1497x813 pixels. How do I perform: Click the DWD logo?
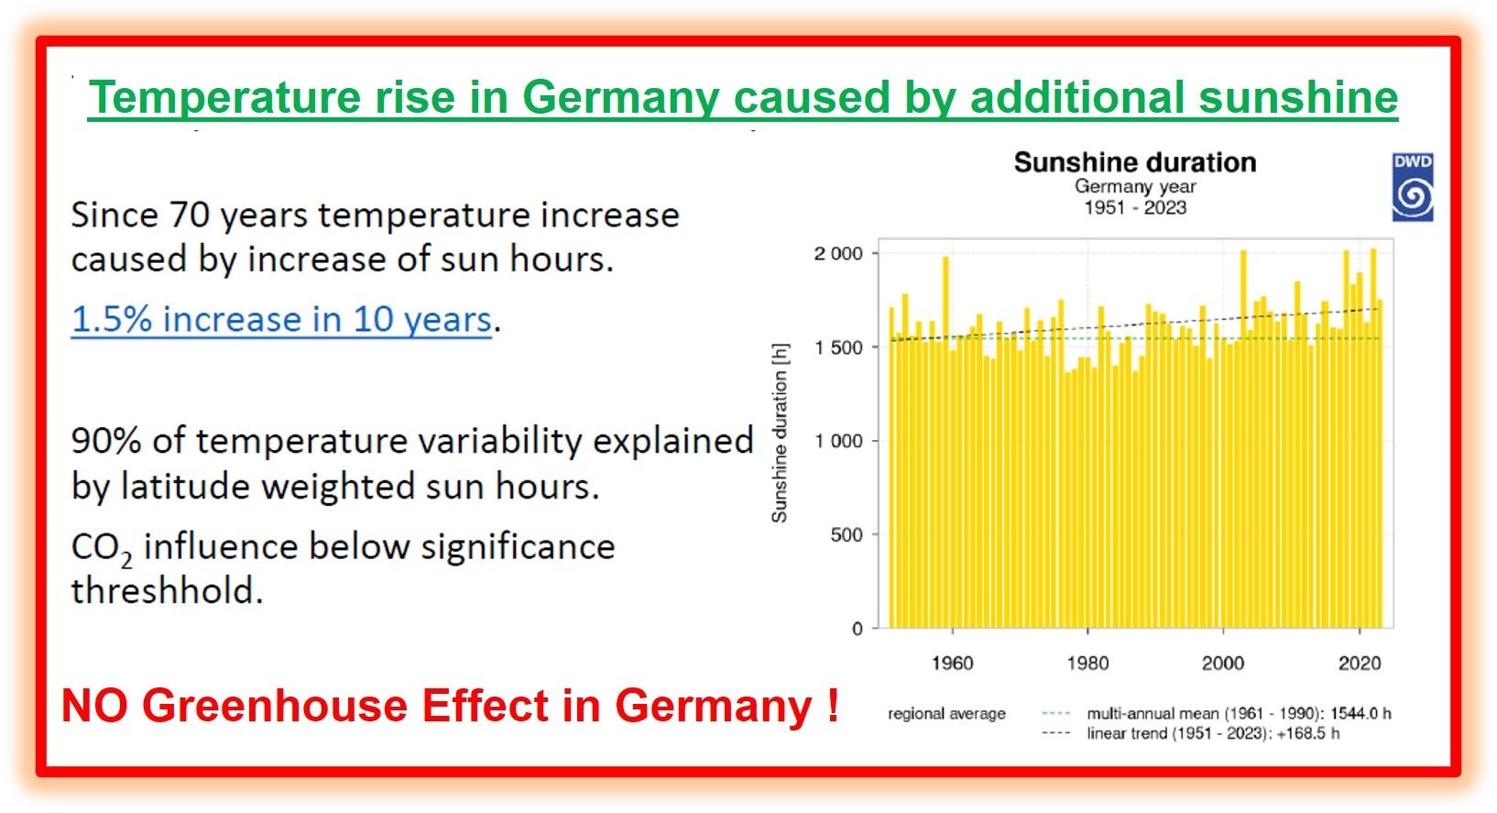[1412, 188]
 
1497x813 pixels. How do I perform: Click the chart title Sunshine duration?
[1134, 162]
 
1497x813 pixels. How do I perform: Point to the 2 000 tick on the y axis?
[838, 254]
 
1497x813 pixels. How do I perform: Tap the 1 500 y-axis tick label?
[838, 347]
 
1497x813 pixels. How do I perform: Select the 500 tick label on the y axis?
[847, 534]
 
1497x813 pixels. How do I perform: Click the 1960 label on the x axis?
[952, 663]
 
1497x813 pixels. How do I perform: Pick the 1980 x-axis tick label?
[1087, 663]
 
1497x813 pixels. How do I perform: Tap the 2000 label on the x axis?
[1223, 663]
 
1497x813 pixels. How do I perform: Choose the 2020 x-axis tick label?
[1359, 663]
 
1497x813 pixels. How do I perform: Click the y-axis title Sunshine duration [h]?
[780, 434]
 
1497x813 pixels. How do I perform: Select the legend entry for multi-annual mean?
[1191, 713]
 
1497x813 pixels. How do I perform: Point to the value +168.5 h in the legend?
[1307, 733]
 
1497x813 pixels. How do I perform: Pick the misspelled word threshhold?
[167, 591]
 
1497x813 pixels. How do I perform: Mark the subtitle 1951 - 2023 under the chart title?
[1134, 207]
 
